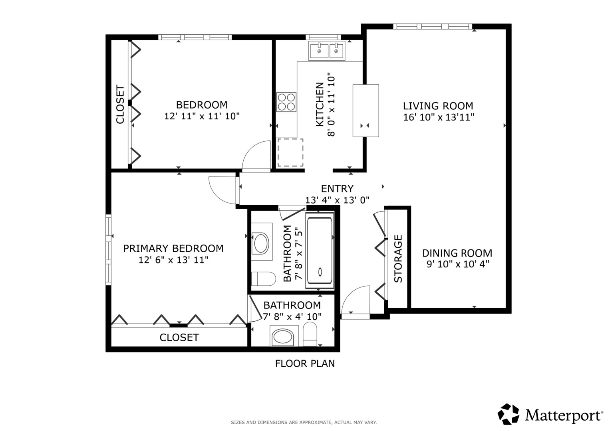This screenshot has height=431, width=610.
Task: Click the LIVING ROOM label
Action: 438,106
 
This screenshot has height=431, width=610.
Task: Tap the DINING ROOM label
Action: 457,253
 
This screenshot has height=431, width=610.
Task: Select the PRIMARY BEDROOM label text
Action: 173,248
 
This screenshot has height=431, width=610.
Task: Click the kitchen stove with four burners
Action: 286,102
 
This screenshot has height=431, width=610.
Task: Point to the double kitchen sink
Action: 327,51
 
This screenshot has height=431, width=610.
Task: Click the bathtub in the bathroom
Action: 320,251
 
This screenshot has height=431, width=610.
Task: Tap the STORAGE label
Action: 398,259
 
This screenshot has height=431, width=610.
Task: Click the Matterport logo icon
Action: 508,414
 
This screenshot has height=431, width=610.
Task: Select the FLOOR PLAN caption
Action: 305,364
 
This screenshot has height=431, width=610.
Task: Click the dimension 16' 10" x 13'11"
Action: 439,117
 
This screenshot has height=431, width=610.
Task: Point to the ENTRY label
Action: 337,188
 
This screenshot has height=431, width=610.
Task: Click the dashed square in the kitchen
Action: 290,152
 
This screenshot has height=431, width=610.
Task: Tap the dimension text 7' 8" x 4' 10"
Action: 292,316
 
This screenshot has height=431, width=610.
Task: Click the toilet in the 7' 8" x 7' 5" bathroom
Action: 263,279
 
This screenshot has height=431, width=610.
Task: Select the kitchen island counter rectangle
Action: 366,111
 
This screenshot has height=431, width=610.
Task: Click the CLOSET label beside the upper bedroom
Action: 120,104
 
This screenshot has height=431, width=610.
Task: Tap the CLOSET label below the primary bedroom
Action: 179,338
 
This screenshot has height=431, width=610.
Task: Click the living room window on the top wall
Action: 433,26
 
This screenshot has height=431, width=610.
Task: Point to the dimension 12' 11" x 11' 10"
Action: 202,116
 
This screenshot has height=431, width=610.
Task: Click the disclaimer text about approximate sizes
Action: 304,422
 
